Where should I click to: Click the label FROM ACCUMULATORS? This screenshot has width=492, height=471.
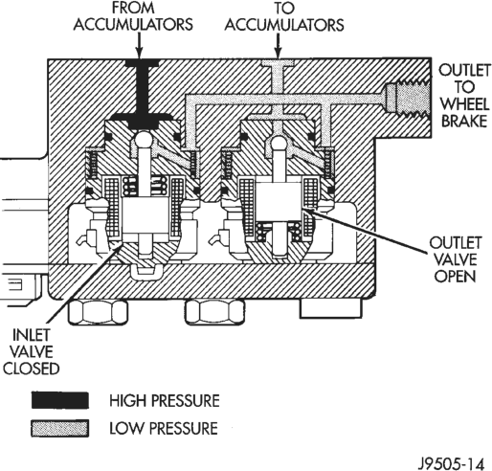(133, 16)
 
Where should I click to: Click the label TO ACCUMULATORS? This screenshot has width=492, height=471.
(284, 16)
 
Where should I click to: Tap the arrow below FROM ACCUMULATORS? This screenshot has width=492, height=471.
(139, 46)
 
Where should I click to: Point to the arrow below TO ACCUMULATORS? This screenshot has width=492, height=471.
(278, 46)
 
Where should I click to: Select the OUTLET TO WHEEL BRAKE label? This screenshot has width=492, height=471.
(464, 95)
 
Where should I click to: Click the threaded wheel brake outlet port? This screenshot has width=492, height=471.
(408, 98)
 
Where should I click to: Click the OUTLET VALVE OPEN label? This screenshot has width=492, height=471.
(456, 259)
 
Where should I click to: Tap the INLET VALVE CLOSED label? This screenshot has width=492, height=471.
(32, 351)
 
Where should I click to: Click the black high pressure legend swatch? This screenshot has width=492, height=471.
(59, 400)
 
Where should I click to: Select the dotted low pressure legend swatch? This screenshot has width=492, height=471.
(59, 428)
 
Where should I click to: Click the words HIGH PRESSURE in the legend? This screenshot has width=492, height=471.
(165, 400)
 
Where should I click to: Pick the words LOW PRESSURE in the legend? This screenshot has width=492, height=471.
(164, 428)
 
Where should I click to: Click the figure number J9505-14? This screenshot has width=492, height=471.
(451, 463)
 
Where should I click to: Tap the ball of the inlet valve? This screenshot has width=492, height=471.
(144, 141)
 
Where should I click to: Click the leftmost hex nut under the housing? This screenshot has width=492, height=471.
(98, 312)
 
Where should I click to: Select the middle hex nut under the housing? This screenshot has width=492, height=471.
(215, 312)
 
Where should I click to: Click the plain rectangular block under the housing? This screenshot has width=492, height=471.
(330, 308)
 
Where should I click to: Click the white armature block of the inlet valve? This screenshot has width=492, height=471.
(145, 218)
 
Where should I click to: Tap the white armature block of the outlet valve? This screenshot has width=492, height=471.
(279, 202)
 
